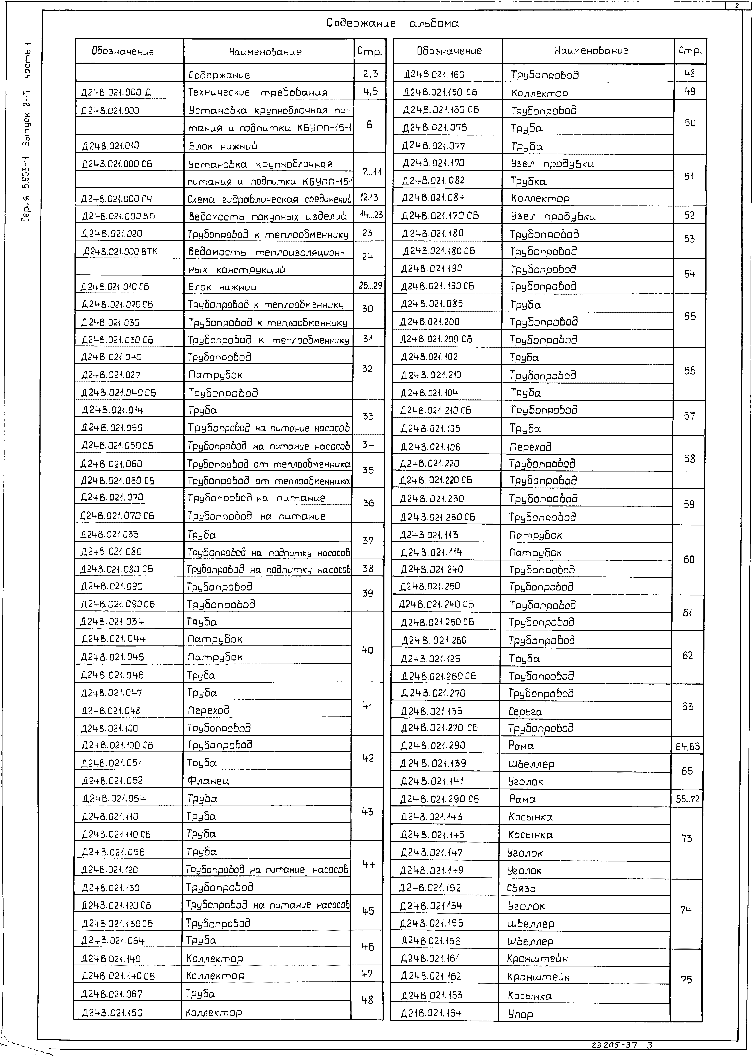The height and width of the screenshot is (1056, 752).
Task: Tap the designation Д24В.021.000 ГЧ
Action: click(x=117, y=199)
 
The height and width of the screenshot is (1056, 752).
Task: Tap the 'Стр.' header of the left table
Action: click(x=369, y=51)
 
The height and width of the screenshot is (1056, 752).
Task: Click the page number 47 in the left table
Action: click(x=367, y=974)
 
